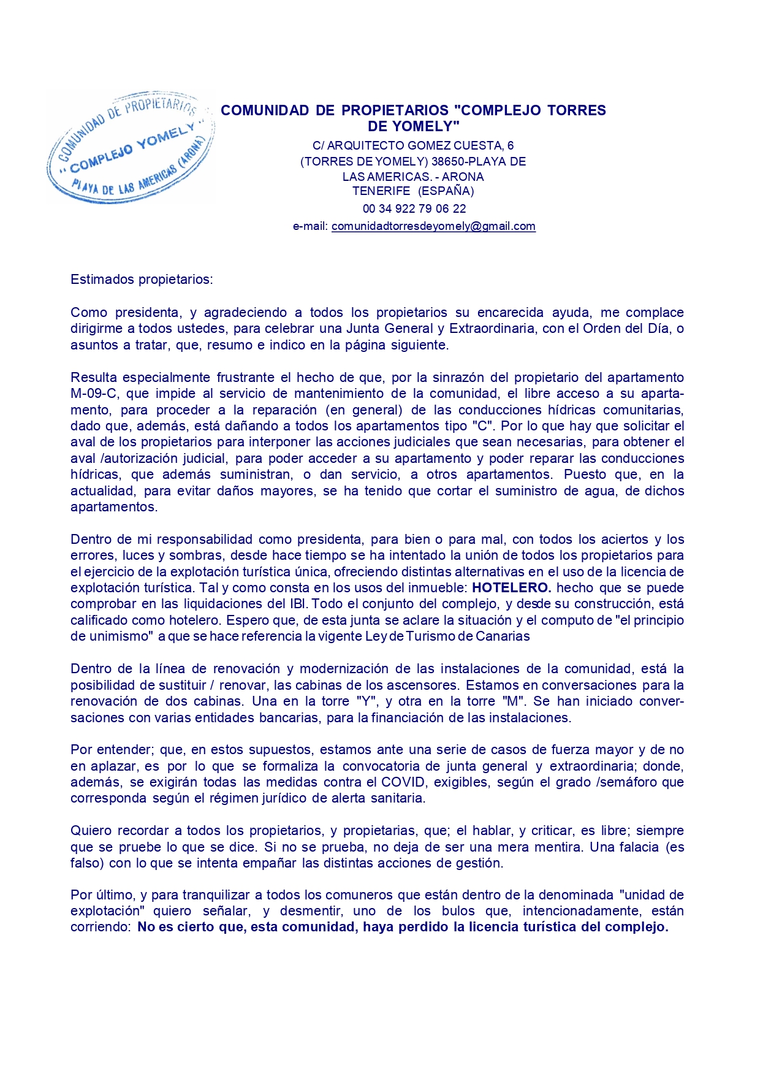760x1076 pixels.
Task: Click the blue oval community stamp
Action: tap(131, 148)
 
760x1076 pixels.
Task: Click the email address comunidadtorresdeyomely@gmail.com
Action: tap(433, 226)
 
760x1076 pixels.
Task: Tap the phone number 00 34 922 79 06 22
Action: tap(414, 208)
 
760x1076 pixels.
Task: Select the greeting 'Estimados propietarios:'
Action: tap(142, 280)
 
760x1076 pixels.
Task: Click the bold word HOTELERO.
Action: tap(512, 588)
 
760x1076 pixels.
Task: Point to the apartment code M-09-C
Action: tap(94, 394)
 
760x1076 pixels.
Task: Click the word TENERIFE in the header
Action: tap(381, 191)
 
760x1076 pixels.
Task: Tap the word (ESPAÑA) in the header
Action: tap(446, 191)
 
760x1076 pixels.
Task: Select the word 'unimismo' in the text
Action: tap(120, 636)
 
